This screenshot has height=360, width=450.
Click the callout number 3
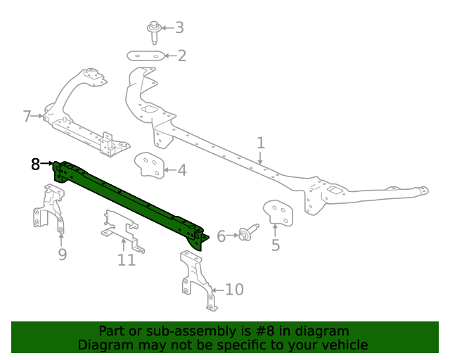pos(179,27)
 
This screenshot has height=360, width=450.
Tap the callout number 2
pos(181,56)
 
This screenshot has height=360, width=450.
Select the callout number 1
pos(261,143)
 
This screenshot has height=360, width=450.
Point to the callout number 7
pos(27,116)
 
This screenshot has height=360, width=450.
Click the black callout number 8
pos(36,165)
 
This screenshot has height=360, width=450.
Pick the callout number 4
pos(181,169)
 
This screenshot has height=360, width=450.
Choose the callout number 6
pos(221,236)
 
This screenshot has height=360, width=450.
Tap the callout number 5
pos(276,245)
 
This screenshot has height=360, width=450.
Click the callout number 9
pos(62,254)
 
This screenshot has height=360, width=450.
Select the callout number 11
pos(127,260)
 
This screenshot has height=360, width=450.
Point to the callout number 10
pos(233,289)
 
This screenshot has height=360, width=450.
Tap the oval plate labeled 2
pos(146,56)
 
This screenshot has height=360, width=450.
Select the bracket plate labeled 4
pos(148,166)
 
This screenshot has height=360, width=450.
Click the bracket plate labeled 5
pos(277,213)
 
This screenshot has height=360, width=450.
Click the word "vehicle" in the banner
pos(343,345)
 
